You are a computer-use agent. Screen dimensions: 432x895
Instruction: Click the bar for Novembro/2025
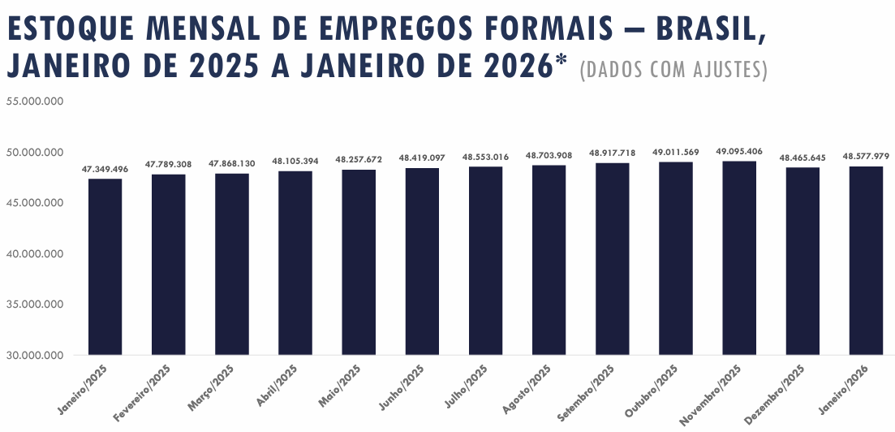click(x=739, y=257)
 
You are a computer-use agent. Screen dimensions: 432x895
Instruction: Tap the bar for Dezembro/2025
click(x=802, y=261)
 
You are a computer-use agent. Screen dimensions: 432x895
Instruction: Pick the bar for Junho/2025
click(x=422, y=261)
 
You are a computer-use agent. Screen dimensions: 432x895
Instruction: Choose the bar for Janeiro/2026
click(x=866, y=261)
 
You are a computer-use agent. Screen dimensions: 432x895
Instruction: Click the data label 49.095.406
click(x=739, y=151)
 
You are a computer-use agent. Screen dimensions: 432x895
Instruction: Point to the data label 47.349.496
click(x=105, y=169)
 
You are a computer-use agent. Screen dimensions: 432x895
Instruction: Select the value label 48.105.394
click(x=295, y=162)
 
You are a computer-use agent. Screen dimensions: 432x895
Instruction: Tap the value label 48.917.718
click(x=613, y=153)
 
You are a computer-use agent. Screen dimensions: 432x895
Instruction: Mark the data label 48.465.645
click(x=802, y=157)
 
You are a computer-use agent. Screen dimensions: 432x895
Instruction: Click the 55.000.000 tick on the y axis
click(x=34, y=102)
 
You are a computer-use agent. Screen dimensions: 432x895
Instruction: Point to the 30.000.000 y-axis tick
click(x=34, y=356)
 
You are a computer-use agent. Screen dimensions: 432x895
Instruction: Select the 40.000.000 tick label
click(x=34, y=254)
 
